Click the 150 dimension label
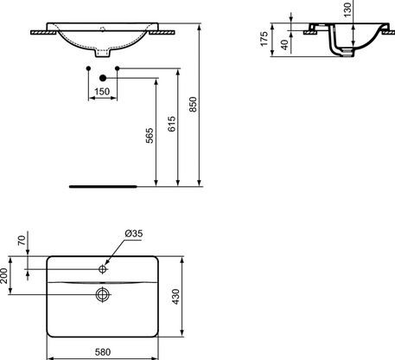pos(103,89)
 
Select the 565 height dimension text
pos(149,135)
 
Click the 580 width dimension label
pos(102,352)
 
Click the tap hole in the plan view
pos(102,270)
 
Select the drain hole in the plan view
pos(102,295)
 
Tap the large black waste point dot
pos(103,78)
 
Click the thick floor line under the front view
pos(103,184)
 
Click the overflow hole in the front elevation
pos(103,28)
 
